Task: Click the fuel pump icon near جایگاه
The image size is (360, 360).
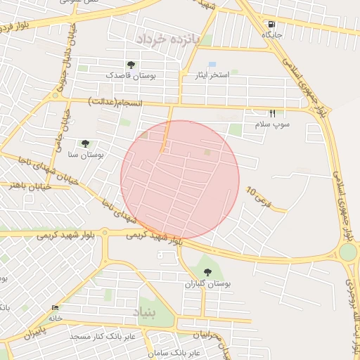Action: [271, 23]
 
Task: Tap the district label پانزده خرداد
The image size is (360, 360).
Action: [169, 38]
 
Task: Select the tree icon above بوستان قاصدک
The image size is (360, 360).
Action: [131, 65]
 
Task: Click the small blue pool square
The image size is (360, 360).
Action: [212, 65]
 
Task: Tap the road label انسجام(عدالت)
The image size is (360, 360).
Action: [116, 103]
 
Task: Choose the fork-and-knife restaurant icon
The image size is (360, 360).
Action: [273, 112]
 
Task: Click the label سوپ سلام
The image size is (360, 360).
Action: [272, 124]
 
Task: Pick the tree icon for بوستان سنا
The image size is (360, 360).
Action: [85, 143]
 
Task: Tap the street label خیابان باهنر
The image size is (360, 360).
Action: [26, 186]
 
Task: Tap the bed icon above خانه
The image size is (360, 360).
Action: [56, 307]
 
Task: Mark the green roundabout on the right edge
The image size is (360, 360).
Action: [349, 252]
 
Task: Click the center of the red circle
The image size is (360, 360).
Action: [180, 179]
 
